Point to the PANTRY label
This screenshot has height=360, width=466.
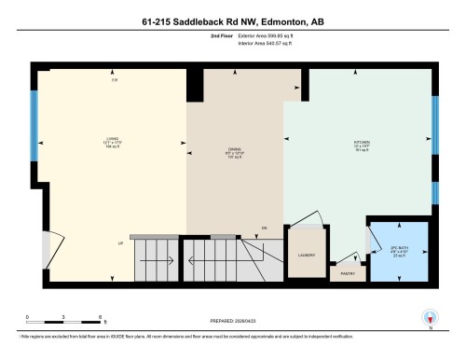[348, 273]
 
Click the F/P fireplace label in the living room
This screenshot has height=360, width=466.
[115, 82]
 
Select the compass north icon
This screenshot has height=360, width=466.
[430, 317]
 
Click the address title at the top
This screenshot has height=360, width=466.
[232, 21]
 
